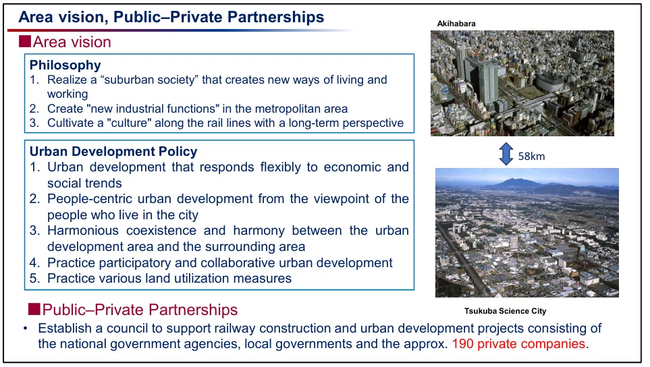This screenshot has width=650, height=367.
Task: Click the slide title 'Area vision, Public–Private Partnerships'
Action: coord(171,18)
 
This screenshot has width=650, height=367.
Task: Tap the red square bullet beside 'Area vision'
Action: coord(25,41)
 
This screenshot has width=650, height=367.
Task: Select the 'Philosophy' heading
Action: coord(65,65)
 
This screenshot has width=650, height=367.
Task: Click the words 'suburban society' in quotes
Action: coord(149,80)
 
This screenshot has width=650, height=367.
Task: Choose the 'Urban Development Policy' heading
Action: coord(113,151)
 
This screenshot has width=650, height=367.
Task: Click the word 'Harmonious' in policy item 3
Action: coord(83,230)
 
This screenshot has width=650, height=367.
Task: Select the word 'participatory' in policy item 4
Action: coord(137,262)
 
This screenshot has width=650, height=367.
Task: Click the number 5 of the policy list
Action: coord(34,279)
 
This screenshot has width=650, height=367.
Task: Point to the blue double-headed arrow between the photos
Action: coord(506,154)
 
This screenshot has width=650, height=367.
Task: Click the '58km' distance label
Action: coord(531,156)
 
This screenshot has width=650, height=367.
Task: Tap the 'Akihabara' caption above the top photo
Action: coord(456,24)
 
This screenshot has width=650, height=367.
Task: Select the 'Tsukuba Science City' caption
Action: coord(505,310)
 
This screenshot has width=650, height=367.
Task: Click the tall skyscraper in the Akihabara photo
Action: coord(488,81)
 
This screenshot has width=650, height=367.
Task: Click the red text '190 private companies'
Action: coord(518,344)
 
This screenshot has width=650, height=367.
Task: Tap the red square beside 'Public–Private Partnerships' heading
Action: coord(34,309)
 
